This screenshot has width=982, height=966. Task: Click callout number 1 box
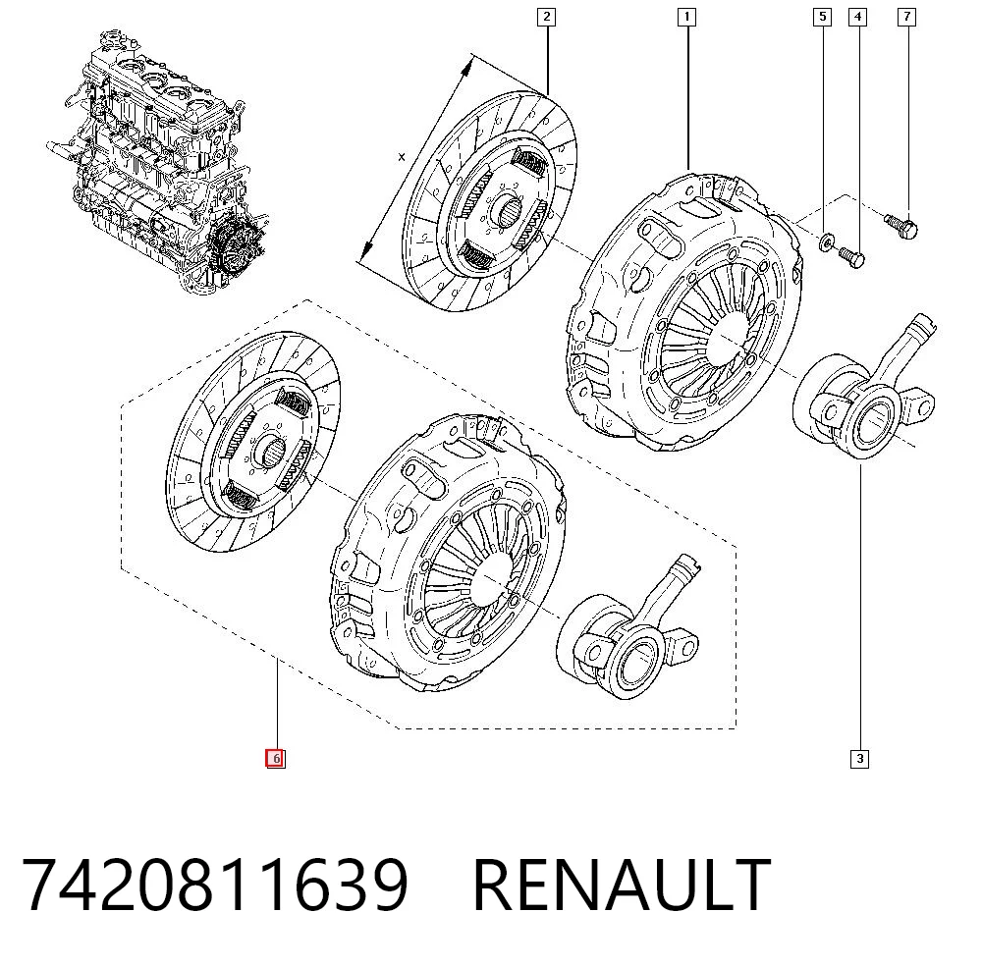687,17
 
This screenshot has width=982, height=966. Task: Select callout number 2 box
547,17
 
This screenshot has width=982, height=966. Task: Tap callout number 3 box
860,759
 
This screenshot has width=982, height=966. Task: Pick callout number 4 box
857,17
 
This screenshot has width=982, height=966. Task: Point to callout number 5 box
822,17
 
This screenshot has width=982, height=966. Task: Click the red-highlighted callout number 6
276,759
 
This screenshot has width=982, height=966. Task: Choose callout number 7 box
906,17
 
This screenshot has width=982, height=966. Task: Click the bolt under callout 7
901,226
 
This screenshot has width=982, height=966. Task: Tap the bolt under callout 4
851,256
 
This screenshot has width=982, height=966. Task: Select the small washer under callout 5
826,241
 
